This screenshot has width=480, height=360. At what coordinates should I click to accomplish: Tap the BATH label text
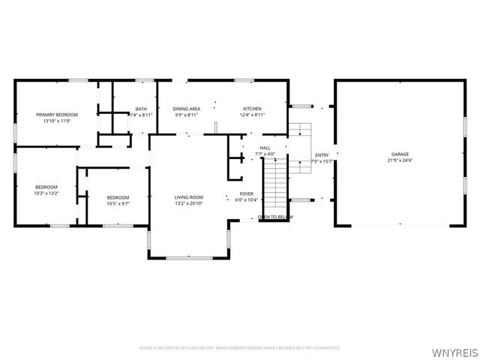pos(141,109)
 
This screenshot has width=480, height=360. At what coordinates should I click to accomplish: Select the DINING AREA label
pos(186,109)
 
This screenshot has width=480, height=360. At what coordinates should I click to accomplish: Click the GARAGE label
pos(399,154)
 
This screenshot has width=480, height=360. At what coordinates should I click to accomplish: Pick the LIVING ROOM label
pos(189,197)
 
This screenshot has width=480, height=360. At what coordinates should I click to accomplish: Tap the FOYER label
pos(246,193)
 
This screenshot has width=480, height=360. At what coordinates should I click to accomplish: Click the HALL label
pos(265,148)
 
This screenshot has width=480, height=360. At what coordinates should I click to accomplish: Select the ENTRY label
pos(322,155)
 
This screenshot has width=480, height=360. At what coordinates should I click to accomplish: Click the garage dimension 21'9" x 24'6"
pos(399,160)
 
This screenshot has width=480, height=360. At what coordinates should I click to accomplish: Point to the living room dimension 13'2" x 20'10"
pos(189,203)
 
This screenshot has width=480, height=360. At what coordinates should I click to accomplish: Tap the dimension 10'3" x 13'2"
pos(46,193)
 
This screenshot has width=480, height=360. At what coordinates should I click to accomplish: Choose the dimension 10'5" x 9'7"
pos(118,203)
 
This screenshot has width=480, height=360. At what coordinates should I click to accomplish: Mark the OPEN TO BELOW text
pos(275,217)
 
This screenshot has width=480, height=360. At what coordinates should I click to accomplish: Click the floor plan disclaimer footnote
pos(240,348)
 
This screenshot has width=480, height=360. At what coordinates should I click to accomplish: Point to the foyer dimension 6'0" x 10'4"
pos(246,199)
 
